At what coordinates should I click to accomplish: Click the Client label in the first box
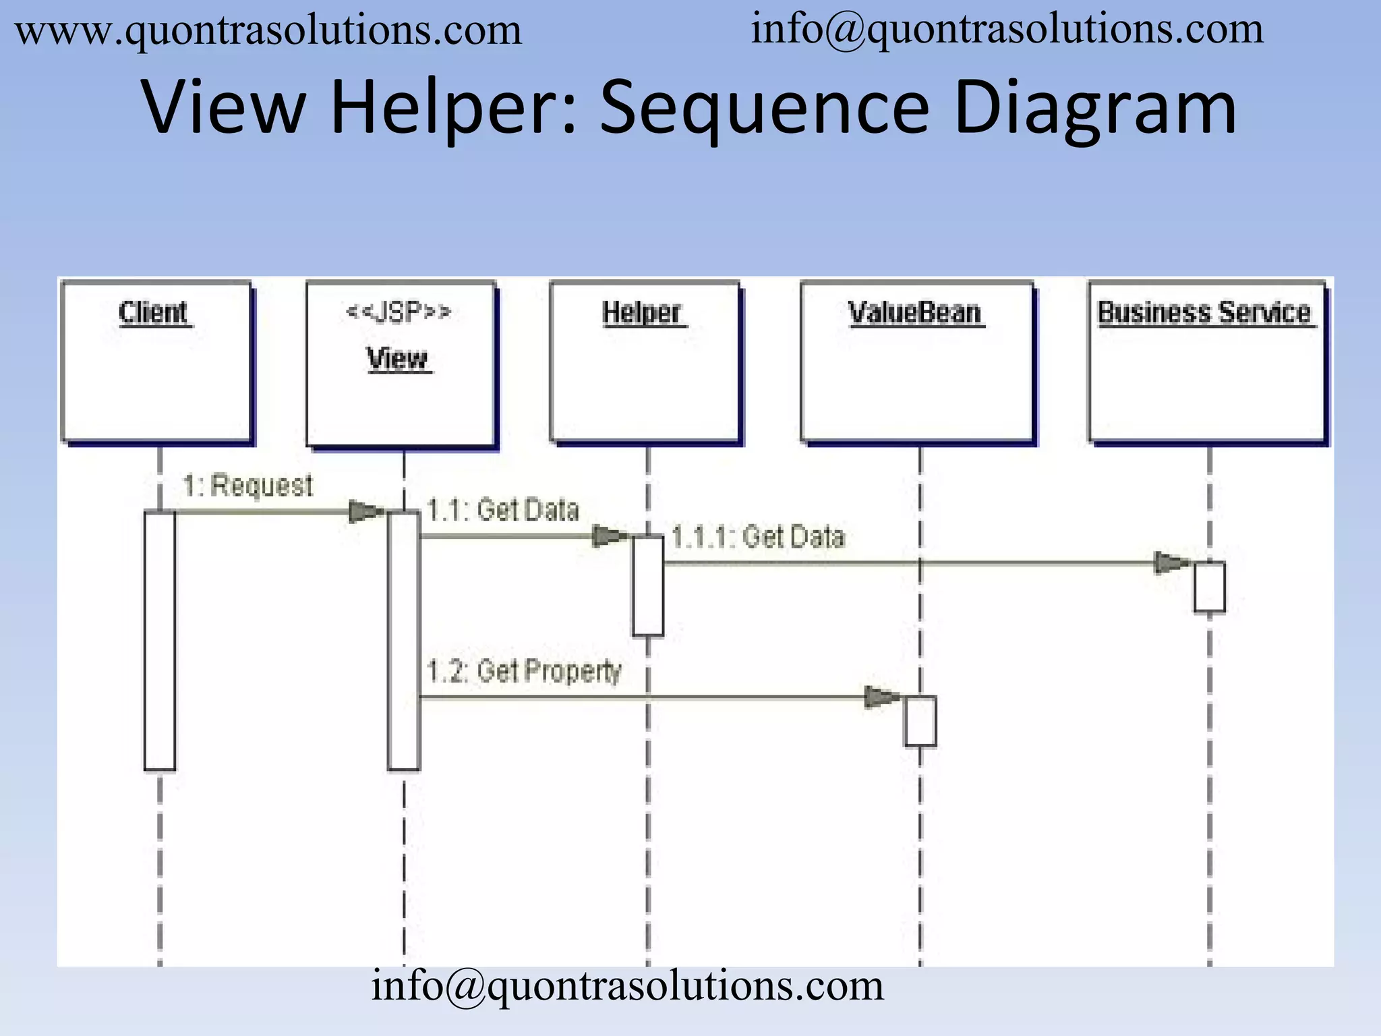tap(154, 313)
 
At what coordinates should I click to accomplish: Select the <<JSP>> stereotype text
tap(398, 312)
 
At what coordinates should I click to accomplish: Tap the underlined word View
tap(398, 358)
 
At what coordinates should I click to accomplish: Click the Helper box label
tap(643, 313)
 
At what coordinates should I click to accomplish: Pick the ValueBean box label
tap(915, 313)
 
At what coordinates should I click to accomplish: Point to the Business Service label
tap(1205, 313)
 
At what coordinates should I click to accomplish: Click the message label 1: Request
tap(248, 486)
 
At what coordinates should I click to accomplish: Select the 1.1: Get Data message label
tap(503, 510)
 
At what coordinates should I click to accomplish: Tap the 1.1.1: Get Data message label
tap(758, 538)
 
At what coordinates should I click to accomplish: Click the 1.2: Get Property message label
tap(524, 671)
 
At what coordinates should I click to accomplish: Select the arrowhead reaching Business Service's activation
tap(1171, 563)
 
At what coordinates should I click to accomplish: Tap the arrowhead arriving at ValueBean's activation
tap(881, 697)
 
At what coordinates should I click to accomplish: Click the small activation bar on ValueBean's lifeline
tap(920, 722)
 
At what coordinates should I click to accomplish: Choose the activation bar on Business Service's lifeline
tap(1209, 587)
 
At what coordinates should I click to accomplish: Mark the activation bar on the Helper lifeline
tap(647, 585)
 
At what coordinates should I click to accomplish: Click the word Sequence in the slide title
tap(764, 108)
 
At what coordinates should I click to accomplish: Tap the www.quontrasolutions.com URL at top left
tap(268, 31)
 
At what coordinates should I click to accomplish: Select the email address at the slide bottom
tap(627, 986)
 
